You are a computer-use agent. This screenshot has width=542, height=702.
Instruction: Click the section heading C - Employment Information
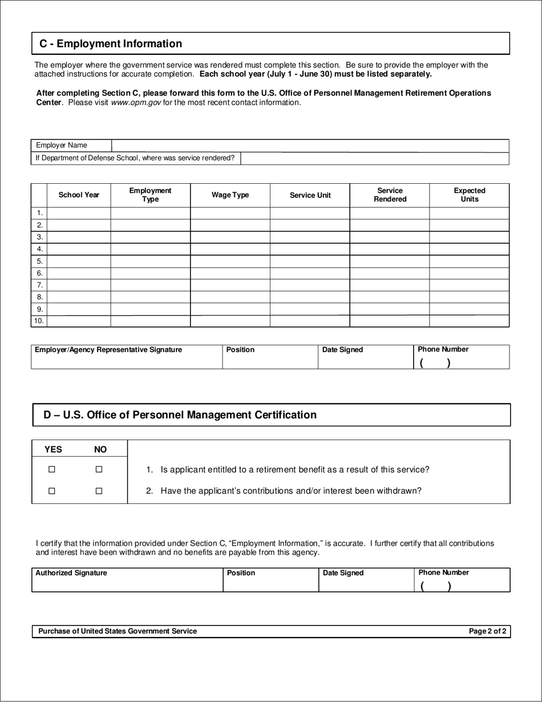pos(111,44)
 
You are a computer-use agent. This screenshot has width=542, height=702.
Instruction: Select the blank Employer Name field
pos(310,146)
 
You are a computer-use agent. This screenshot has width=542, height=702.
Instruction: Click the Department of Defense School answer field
pos(374,158)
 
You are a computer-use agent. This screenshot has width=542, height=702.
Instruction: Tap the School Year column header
pos(79,195)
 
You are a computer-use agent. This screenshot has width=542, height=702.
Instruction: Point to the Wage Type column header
pos(230,195)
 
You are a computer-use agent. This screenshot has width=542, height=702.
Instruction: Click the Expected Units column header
pos(469,195)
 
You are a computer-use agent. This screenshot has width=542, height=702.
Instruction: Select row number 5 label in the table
pos(39,261)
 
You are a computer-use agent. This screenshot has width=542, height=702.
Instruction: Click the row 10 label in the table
pos(39,321)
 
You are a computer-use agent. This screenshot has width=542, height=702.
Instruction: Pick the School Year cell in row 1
pos(79,213)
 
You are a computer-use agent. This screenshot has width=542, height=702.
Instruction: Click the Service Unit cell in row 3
pos(309,237)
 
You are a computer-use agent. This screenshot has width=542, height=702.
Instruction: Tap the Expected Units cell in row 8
pos(469,297)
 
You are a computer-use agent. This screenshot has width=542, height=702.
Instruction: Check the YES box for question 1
pos(52,469)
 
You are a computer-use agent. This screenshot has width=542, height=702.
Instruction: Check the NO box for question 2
pos(99,491)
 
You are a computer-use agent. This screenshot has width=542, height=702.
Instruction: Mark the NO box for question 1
pos(99,469)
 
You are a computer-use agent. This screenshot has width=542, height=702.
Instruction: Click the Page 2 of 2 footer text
pos(487,631)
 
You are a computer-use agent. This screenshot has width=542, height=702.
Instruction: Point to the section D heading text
pos(180,415)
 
